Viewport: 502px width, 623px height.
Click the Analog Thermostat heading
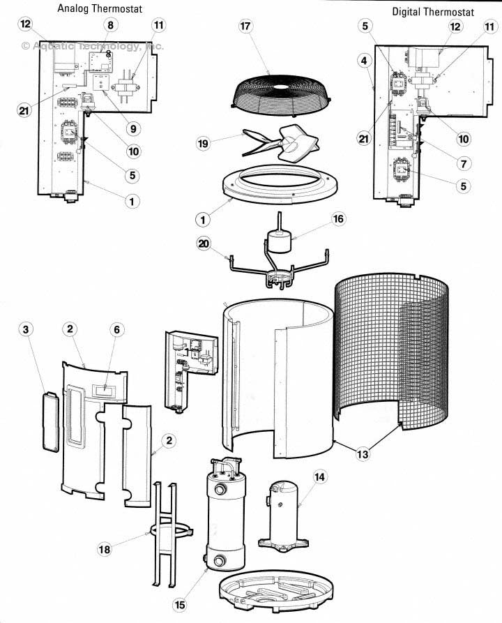(100, 8)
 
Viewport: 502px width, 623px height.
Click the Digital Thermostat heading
(433, 12)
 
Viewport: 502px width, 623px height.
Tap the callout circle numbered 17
(245, 27)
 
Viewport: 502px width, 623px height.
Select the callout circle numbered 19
(203, 144)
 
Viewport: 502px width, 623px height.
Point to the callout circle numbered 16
(338, 219)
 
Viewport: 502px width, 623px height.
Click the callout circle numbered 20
(204, 243)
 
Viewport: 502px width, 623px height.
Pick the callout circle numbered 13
(362, 454)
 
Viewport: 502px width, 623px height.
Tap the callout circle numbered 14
(320, 476)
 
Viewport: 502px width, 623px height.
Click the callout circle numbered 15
(180, 604)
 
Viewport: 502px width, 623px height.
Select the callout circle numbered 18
(105, 549)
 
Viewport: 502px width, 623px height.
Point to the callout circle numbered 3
(26, 329)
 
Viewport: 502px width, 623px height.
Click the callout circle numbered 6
(116, 329)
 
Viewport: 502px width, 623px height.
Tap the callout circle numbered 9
(133, 129)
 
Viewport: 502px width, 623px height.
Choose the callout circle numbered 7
(464, 163)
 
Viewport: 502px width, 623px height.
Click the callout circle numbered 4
(364, 61)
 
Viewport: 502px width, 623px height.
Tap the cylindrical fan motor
(277, 239)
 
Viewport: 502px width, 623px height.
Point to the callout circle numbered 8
(110, 25)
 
